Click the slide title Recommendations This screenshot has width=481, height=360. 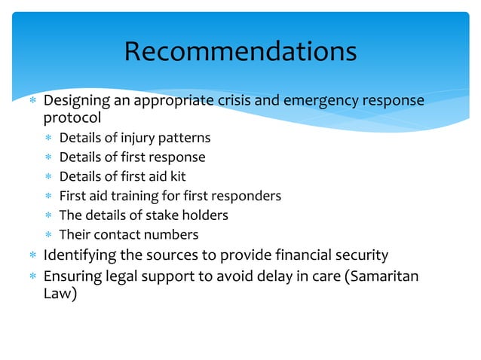coord(240,51)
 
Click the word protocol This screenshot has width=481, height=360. coord(72,118)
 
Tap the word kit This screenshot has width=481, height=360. coord(176,176)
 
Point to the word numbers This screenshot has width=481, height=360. coord(173,234)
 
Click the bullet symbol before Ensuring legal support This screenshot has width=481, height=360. coord(32,276)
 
